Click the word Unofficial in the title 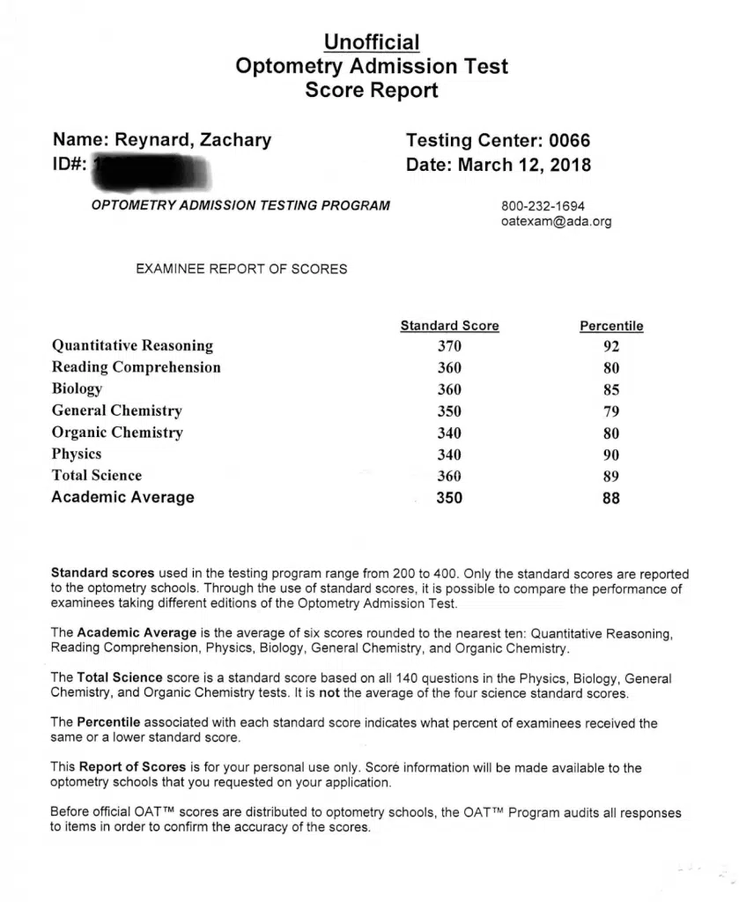point(371,41)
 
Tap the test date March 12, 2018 point(525,165)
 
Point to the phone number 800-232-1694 point(543,206)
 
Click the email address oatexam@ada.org point(556,222)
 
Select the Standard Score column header point(449,326)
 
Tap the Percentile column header point(611,326)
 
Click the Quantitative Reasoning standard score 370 point(449,346)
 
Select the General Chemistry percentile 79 point(611,411)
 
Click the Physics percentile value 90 point(611,455)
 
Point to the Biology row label point(78,389)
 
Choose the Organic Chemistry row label point(117,433)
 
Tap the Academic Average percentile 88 point(611,499)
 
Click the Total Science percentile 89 point(611,477)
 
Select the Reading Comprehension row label point(137,367)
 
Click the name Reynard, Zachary point(194,140)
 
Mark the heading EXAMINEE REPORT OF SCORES point(241,270)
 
